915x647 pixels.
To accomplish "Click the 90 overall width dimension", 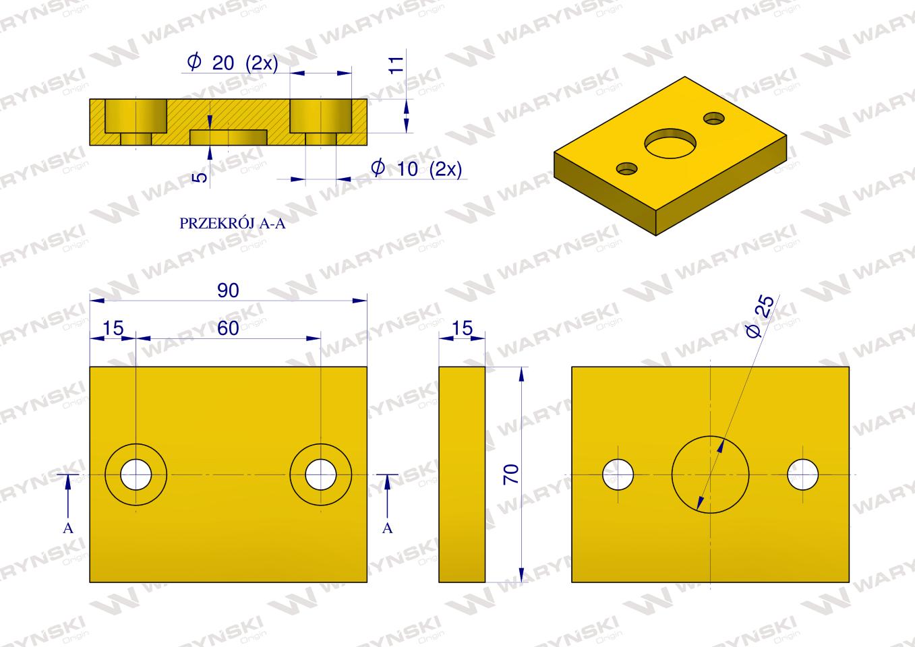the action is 228,290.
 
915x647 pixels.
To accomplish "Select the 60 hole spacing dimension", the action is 228,328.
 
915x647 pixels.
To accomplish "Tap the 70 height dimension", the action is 511,474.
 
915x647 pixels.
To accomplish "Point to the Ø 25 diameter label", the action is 759,317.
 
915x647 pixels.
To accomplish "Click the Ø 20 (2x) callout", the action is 233,63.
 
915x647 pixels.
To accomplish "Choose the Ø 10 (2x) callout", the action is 417,168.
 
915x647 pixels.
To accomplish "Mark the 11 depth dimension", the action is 396,65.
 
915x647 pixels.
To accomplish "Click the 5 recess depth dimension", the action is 202,177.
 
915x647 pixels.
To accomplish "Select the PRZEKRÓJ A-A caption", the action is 233,223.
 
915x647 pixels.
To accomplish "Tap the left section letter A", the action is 68,528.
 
